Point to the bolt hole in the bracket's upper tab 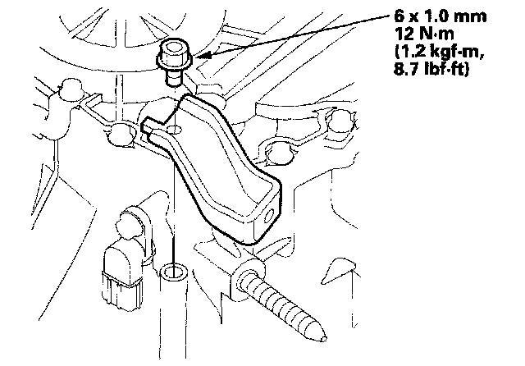coord(174,130)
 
